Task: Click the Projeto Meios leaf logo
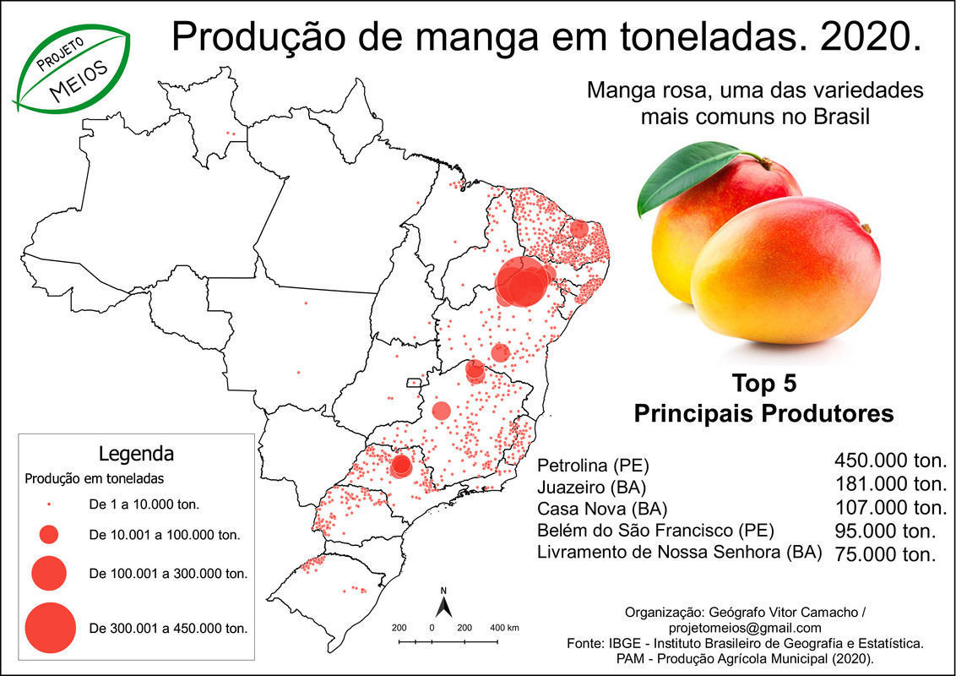(x=72, y=67)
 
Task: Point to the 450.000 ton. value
(x=890, y=461)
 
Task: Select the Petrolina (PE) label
(x=594, y=466)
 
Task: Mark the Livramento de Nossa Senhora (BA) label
(x=680, y=553)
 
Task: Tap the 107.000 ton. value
(x=890, y=508)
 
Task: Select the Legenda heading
(x=136, y=453)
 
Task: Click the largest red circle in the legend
(x=51, y=628)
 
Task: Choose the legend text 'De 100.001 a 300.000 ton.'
(x=167, y=574)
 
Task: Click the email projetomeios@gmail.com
(x=744, y=628)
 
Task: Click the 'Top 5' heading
(x=763, y=384)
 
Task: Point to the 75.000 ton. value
(x=885, y=554)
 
